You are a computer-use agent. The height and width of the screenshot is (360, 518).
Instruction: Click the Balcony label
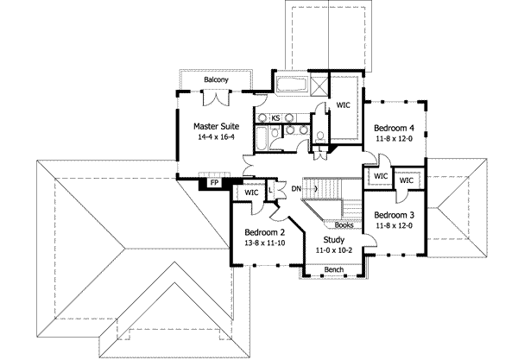216,80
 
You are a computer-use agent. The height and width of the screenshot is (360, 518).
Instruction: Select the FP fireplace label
213,183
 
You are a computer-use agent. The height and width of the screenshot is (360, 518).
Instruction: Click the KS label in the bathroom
275,118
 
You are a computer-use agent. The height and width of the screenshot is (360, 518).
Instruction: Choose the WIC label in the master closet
343,106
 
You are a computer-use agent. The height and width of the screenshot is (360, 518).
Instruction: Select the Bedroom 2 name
265,232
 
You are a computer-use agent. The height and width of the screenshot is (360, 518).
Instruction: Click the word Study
333,239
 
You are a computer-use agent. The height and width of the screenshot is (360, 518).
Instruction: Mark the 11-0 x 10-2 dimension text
333,249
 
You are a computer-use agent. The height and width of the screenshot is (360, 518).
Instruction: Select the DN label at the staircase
296,188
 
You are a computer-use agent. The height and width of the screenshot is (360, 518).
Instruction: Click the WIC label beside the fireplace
252,193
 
